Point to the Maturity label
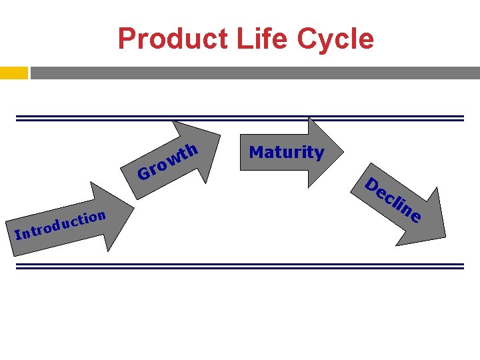pos(286,152)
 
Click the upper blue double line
pos(240,118)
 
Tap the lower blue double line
pos(240,265)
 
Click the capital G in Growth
pos(143,174)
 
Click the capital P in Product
pos(127,39)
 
